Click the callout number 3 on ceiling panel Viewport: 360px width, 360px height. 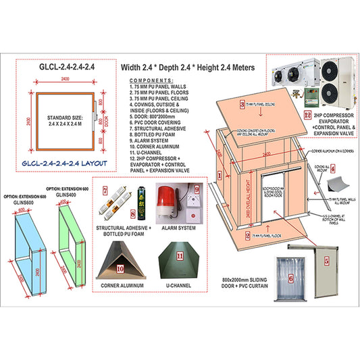[x=241, y=105]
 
